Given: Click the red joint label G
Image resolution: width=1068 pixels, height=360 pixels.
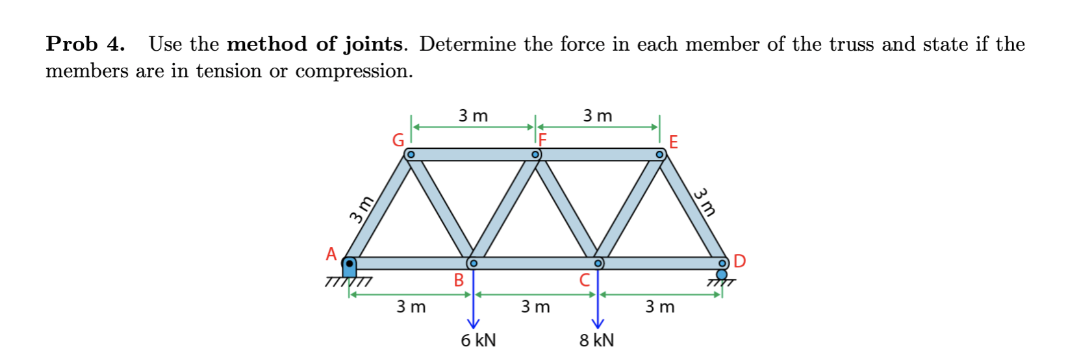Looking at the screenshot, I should (x=398, y=140).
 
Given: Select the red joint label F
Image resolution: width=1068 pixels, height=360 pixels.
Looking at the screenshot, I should (x=542, y=139).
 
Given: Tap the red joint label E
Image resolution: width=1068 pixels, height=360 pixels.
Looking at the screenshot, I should (x=673, y=142).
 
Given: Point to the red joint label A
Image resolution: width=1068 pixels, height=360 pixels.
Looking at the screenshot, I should (x=331, y=254).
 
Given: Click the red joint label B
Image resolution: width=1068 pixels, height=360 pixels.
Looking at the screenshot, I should (x=459, y=280).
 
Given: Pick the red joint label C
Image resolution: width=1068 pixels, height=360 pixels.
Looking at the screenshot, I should (x=585, y=280).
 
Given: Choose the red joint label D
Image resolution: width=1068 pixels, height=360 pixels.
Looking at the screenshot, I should (x=739, y=261).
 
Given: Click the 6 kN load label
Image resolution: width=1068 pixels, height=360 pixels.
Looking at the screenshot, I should (x=478, y=340).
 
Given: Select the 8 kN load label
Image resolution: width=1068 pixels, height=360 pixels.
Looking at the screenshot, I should (x=596, y=340).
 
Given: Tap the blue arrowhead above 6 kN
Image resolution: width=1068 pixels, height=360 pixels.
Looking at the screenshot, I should (x=474, y=323).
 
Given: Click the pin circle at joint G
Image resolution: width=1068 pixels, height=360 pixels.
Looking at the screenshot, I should (x=411, y=155).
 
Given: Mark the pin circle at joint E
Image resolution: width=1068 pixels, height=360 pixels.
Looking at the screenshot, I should (x=659, y=155).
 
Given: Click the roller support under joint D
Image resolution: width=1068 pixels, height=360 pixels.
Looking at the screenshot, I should (x=722, y=275).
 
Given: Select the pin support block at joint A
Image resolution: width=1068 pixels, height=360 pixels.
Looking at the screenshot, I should (x=350, y=266).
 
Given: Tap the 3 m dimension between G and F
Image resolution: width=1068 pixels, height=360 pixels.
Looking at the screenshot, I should (x=473, y=116).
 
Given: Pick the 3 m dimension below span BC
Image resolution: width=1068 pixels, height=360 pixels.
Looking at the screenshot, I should (x=535, y=307).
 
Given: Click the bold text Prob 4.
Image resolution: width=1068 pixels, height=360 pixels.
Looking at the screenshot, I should (x=85, y=44).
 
